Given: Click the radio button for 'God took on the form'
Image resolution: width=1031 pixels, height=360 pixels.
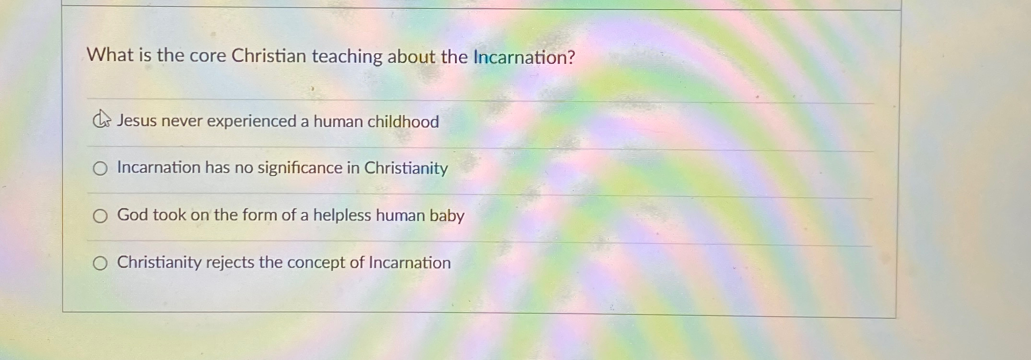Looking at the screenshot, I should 100,216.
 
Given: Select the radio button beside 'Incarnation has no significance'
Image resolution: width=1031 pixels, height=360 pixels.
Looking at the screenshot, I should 100,168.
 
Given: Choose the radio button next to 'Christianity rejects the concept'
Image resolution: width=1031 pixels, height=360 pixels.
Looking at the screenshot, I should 100,263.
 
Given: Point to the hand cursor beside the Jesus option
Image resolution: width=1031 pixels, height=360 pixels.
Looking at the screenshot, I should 101,119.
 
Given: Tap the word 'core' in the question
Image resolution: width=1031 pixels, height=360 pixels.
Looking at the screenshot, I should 207,56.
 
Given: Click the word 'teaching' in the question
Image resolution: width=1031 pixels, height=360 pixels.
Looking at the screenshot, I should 347,57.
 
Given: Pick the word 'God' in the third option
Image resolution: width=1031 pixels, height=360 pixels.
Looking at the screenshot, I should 132,214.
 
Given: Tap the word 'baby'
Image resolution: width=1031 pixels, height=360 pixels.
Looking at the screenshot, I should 447,216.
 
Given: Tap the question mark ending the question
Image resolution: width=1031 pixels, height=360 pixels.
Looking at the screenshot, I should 570,58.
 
